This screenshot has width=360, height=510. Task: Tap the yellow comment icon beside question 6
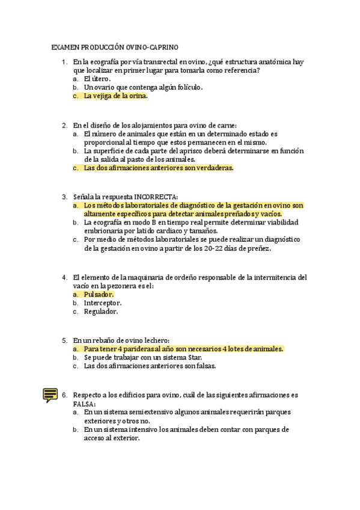click(50, 395)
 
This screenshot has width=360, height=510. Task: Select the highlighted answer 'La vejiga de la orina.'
click(115, 96)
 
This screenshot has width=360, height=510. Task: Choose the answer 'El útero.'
click(97, 79)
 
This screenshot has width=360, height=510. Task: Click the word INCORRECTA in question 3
click(156, 197)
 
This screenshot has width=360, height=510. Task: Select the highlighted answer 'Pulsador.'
click(99, 295)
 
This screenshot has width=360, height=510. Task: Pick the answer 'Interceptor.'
click(102, 303)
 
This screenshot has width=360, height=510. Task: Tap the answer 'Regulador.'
click(100, 312)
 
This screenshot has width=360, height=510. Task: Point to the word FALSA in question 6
click(84, 404)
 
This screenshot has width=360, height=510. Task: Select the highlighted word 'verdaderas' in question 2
click(210, 168)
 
